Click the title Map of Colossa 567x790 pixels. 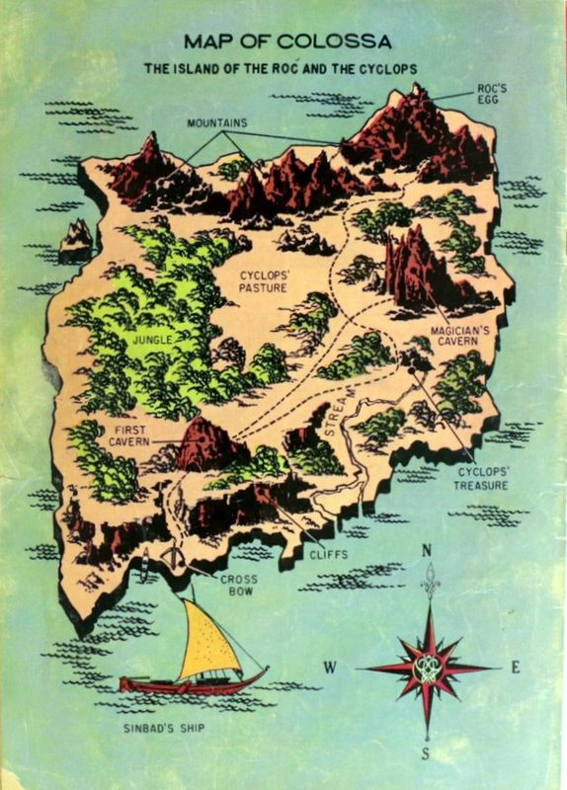point(287,41)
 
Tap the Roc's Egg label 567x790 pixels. point(492,94)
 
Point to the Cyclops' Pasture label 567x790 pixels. point(263,279)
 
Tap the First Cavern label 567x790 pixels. point(130,437)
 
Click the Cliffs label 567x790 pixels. point(328,554)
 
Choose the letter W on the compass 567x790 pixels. point(330,668)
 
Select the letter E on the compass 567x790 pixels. point(515,667)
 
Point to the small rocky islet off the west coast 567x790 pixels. point(76,240)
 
